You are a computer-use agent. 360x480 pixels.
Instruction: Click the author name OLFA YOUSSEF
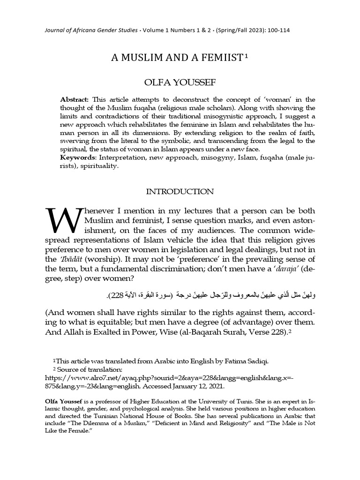click(180, 82)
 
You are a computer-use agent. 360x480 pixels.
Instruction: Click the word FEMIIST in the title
click(224, 58)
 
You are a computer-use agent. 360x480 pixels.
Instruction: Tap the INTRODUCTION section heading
click(180, 192)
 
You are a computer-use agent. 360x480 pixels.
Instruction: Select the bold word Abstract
click(75, 100)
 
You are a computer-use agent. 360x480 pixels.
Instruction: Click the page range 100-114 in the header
click(277, 30)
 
